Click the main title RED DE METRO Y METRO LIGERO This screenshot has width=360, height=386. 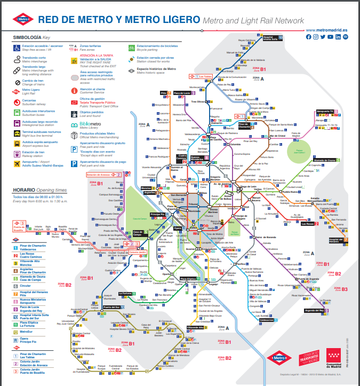119,20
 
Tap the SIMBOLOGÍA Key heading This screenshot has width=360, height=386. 31,38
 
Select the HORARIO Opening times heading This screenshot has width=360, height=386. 40,190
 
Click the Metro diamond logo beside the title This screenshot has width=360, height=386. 23,20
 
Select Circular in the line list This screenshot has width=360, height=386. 27,286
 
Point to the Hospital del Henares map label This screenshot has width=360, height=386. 335,241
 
